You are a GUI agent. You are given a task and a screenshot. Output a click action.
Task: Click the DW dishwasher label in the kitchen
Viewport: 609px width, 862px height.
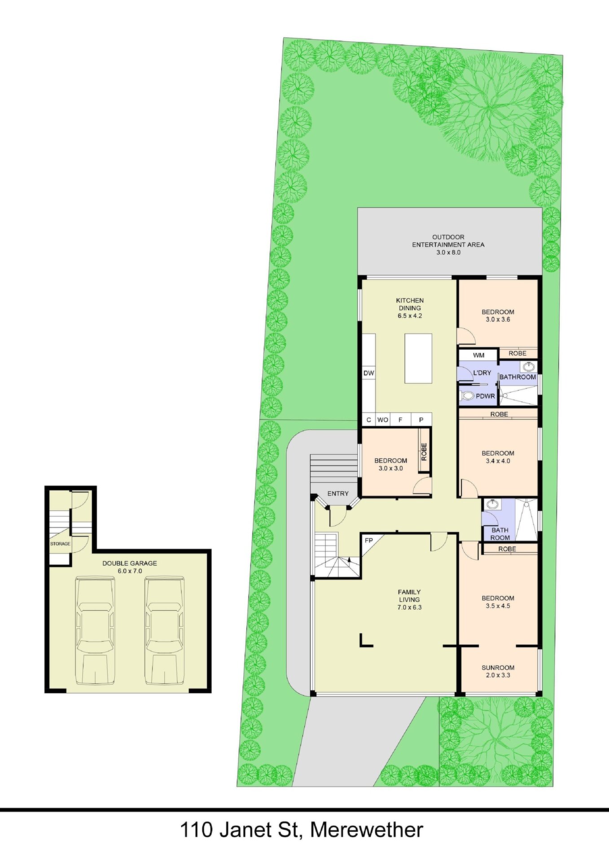click(368, 373)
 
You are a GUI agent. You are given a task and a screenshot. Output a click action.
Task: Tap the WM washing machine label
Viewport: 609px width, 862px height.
click(479, 355)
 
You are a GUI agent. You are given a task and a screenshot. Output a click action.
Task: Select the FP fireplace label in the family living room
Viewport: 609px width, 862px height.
click(369, 540)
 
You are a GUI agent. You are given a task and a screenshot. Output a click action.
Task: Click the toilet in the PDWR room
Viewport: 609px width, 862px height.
click(468, 396)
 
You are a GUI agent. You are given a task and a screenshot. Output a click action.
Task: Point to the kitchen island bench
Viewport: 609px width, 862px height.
click(418, 358)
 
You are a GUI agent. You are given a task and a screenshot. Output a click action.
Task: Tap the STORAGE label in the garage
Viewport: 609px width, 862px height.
click(60, 544)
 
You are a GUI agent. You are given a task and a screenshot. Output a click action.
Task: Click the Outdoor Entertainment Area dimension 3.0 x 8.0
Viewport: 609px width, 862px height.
click(448, 252)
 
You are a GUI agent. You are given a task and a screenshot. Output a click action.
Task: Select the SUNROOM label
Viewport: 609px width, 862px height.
click(498, 668)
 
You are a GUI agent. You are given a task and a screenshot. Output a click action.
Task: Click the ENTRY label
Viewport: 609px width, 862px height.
click(338, 494)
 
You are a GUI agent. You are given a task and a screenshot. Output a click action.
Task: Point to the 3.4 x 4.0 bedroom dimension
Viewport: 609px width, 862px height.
click(498, 461)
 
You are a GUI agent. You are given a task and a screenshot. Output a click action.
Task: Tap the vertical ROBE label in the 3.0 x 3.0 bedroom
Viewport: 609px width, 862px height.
click(424, 452)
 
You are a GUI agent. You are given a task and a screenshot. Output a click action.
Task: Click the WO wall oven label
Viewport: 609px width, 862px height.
click(382, 420)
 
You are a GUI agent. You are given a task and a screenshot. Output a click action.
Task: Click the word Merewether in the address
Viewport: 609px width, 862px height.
click(367, 830)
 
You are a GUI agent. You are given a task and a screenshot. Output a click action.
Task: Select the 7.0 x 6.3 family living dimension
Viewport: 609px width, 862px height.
click(409, 607)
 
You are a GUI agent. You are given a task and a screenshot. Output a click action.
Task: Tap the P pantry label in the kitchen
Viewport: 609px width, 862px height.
click(421, 420)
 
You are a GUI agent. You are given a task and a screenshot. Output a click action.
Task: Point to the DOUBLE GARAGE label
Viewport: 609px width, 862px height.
click(130, 563)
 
